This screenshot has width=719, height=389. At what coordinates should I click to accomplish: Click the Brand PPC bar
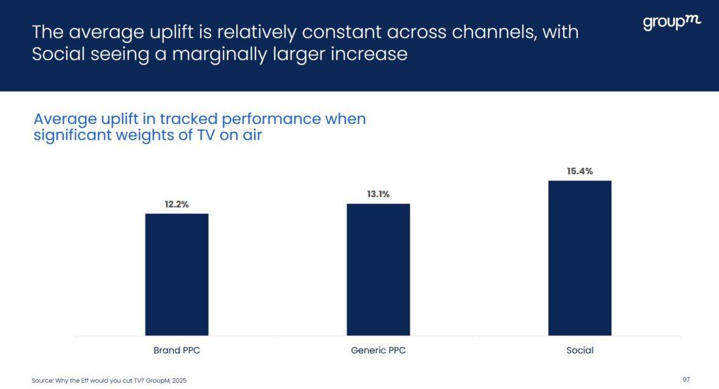(x=177, y=274)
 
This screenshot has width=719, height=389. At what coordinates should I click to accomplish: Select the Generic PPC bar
(x=378, y=269)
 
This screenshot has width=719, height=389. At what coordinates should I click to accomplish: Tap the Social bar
(x=580, y=258)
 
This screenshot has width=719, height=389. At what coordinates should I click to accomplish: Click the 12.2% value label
(x=177, y=205)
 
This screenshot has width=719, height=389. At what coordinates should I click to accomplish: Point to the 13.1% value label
(x=378, y=194)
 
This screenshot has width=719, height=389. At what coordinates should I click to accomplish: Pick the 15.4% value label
(x=580, y=172)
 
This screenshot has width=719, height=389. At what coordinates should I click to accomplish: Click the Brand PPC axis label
(x=177, y=351)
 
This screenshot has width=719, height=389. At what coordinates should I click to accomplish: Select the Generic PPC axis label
(x=378, y=351)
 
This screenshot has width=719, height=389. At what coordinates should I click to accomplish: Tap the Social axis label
(x=580, y=351)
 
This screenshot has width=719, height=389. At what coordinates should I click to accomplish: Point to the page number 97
(x=686, y=380)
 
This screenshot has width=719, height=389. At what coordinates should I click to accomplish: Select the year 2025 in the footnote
(x=179, y=380)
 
